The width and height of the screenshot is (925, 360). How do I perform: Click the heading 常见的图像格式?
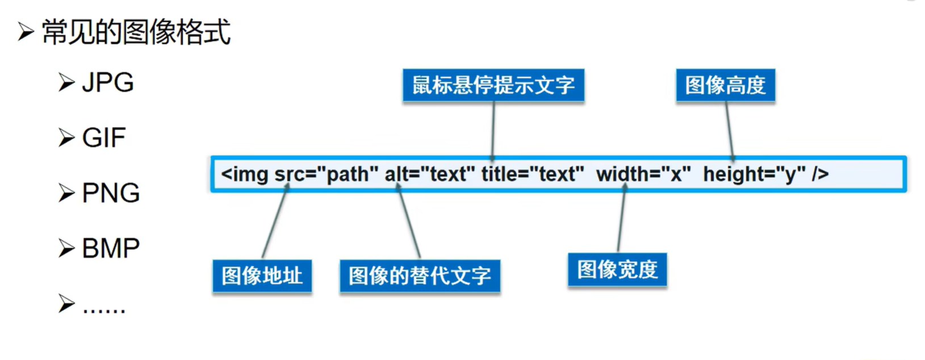(x=136, y=32)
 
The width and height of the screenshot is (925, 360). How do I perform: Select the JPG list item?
(x=108, y=83)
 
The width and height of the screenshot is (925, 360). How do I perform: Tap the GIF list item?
(x=103, y=138)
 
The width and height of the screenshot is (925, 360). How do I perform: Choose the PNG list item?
(x=111, y=193)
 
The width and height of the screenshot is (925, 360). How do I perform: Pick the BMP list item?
(x=111, y=248)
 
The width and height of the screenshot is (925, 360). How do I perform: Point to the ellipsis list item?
(x=103, y=307)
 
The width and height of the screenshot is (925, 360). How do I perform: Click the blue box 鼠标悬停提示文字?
(x=493, y=86)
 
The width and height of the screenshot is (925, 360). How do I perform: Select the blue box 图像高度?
(x=725, y=86)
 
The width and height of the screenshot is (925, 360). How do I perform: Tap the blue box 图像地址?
(x=262, y=276)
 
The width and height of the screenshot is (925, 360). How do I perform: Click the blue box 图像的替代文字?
(x=420, y=276)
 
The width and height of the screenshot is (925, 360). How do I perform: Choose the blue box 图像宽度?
(x=617, y=270)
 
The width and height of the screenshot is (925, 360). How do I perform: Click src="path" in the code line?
(x=326, y=174)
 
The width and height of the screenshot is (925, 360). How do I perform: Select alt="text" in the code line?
(x=429, y=174)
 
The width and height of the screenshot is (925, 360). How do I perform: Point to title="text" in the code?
(x=533, y=174)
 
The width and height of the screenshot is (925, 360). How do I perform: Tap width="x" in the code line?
(x=643, y=174)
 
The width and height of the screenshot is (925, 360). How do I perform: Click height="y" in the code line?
(x=754, y=174)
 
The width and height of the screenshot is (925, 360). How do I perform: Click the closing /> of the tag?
(x=820, y=174)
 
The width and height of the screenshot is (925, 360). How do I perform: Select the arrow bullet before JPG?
(x=66, y=83)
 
